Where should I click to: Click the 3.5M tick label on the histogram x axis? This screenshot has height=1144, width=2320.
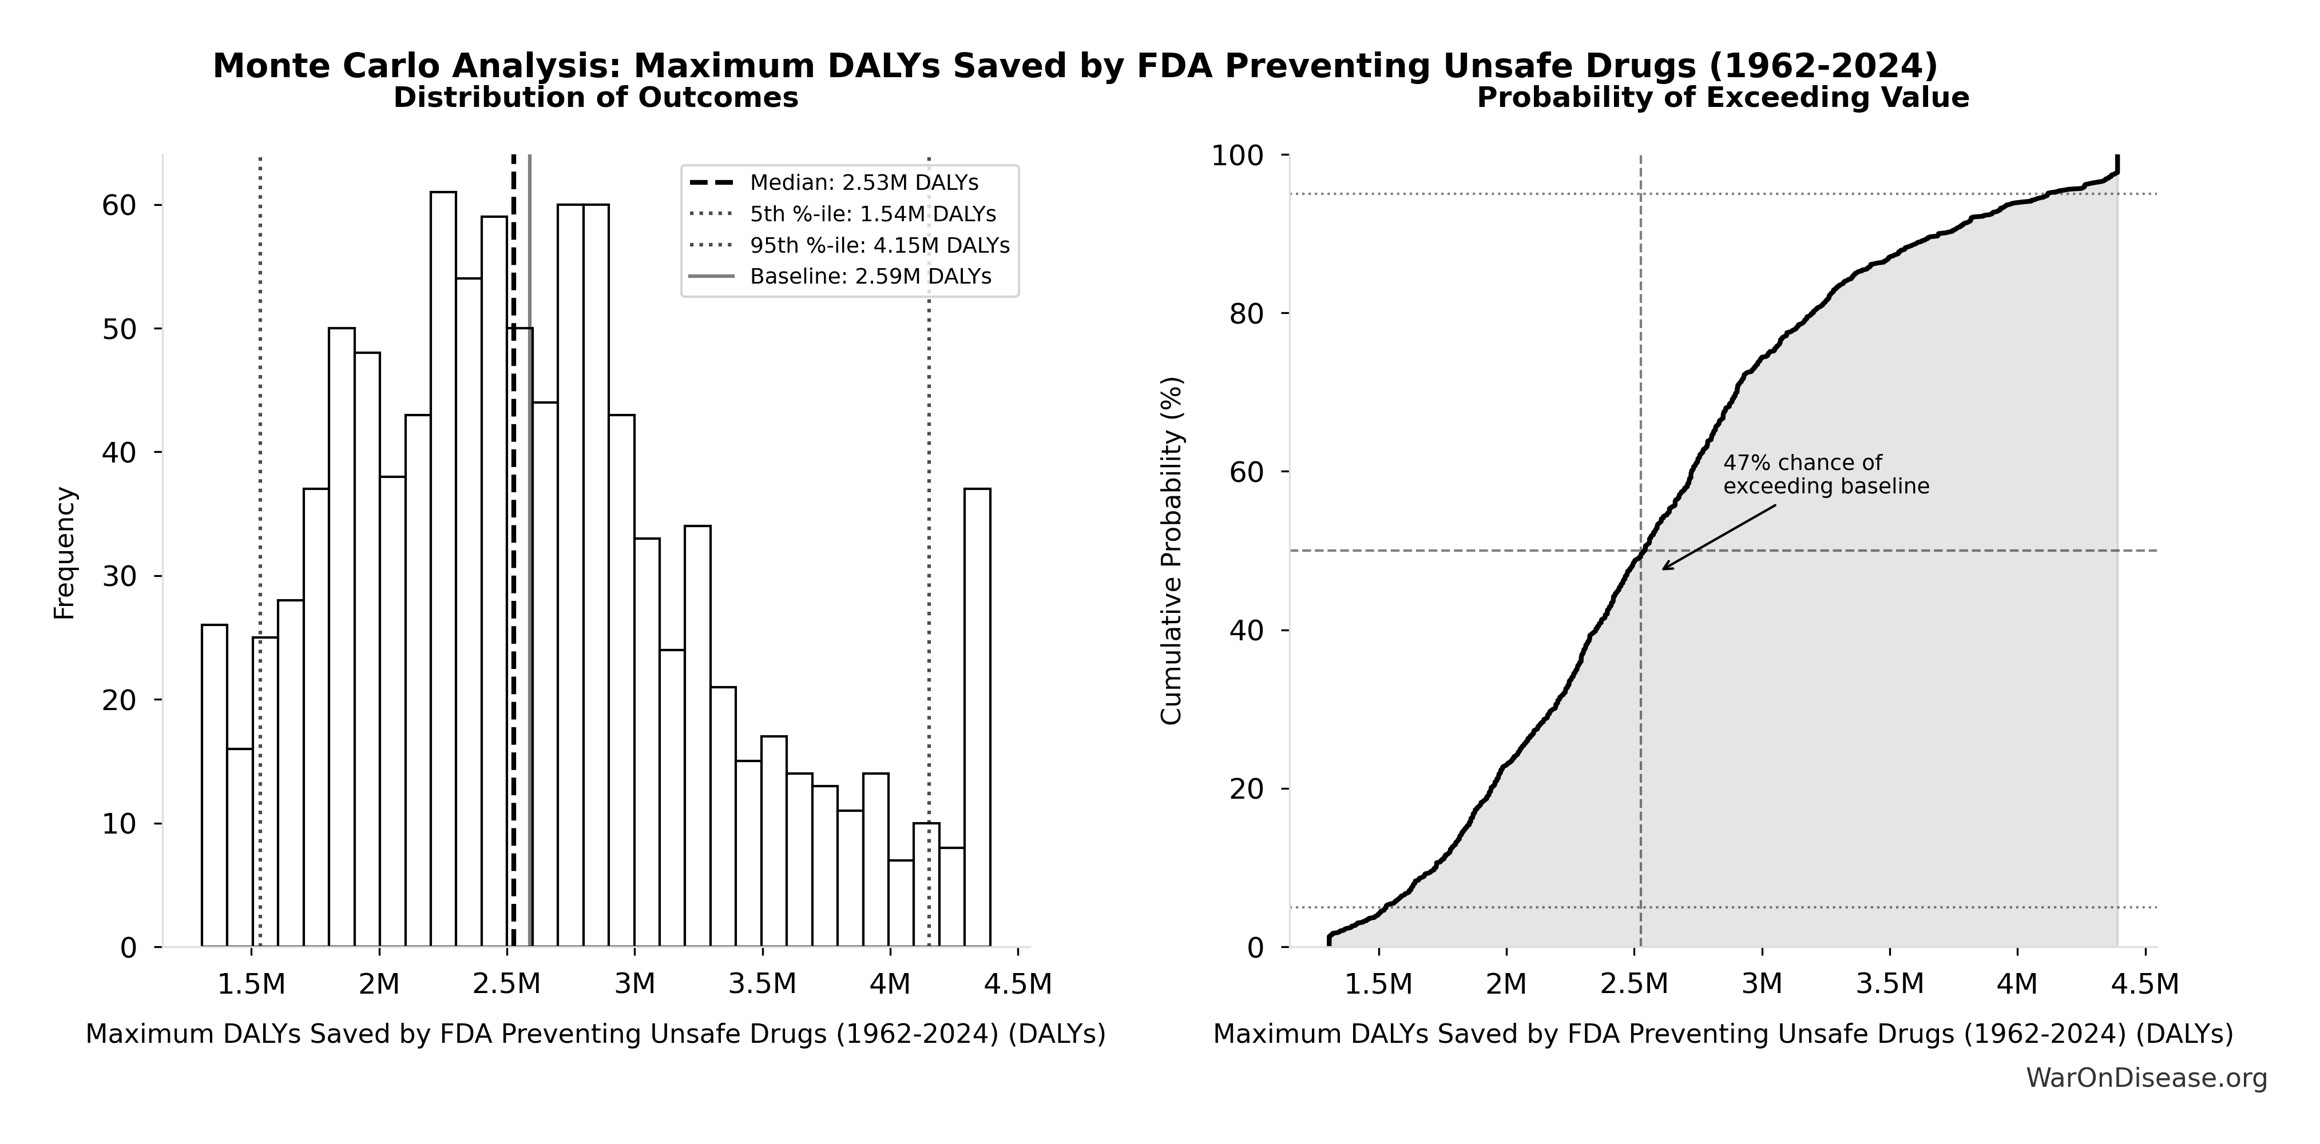pyautogui.click(x=762, y=984)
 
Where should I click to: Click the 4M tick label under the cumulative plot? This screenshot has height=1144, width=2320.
pyautogui.click(x=2017, y=984)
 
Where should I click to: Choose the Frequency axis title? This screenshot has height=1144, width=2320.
pyautogui.click(x=65, y=553)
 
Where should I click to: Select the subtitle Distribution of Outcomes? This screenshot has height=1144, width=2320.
pyautogui.click(x=596, y=97)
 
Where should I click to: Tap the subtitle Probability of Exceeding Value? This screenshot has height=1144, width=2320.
pyautogui.click(x=1722, y=97)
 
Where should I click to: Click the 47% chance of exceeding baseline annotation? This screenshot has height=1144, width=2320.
pyautogui.click(x=1826, y=475)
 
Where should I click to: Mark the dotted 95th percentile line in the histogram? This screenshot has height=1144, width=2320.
pyautogui.click(x=929, y=540)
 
